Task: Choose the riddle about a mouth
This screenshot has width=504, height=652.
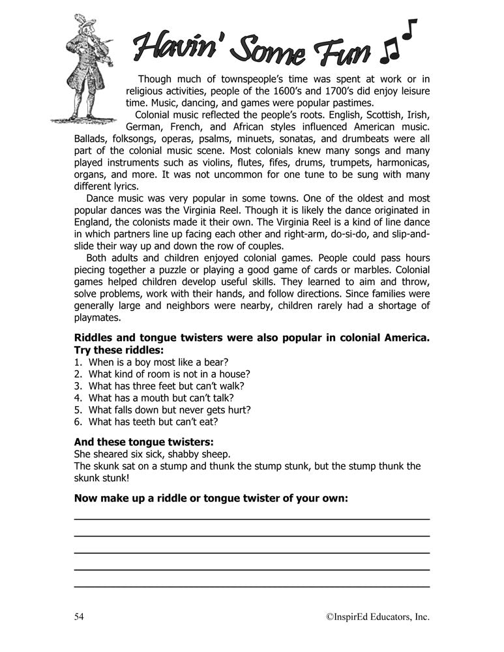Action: tap(154, 398)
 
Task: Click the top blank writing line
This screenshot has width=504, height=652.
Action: tap(252, 518)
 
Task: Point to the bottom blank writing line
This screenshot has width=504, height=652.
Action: tap(252, 586)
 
